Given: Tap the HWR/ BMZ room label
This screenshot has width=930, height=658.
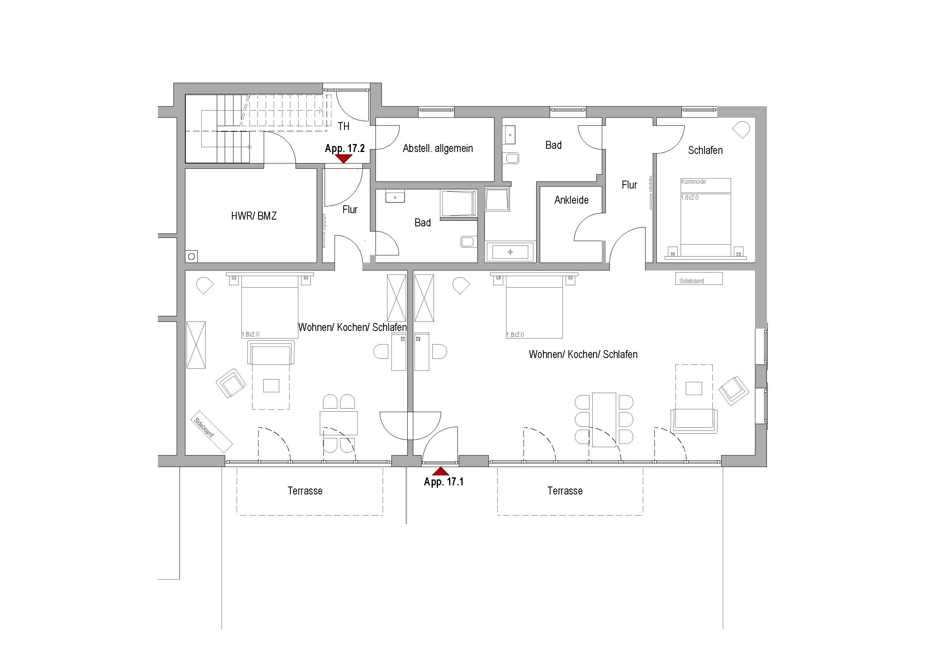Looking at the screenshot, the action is (254, 216).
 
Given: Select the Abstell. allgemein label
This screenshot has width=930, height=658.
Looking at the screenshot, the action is (438, 148).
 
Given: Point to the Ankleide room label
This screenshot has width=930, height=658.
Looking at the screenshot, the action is (571, 200).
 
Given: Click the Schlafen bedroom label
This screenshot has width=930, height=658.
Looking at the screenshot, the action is (705, 150).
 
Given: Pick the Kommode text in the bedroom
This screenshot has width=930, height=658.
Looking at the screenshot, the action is (693, 181).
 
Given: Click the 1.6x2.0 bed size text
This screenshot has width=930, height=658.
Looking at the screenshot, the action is (690, 198).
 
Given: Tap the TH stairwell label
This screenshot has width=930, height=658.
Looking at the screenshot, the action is (344, 127).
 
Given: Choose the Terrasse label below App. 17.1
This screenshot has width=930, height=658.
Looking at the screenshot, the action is (565, 491).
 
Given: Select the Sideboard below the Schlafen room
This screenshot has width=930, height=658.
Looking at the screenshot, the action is (699, 279).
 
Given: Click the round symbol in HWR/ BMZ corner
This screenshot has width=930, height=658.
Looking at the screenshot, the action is (191, 257).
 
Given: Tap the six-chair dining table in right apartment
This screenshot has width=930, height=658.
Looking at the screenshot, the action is (604, 419).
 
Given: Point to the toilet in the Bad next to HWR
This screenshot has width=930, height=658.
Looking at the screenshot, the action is (467, 242).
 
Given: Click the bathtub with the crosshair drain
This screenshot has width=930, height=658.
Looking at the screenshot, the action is (510, 252).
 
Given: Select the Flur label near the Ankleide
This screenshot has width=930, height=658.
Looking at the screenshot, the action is (629, 185).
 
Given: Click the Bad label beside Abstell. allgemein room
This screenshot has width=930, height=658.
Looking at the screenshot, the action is (553, 145).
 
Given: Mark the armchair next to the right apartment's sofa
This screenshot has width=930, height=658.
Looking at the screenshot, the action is (733, 390).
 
